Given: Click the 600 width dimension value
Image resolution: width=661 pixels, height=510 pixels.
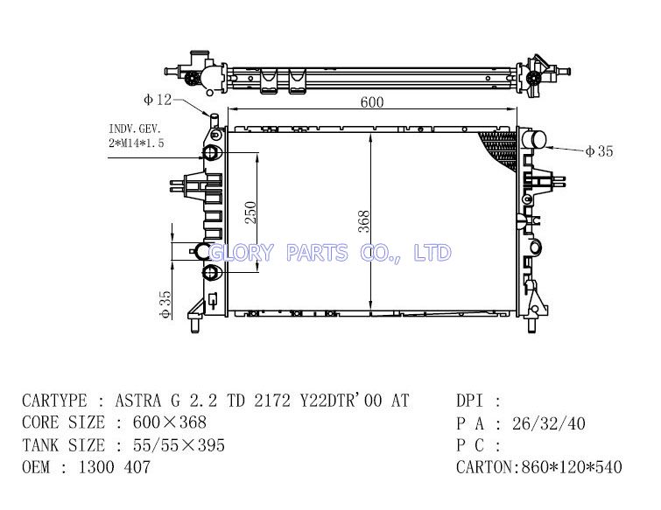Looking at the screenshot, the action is (x=372, y=102).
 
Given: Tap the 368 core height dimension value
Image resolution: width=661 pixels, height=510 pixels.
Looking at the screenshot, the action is (x=364, y=221).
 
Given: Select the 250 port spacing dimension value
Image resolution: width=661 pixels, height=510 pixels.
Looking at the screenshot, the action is (x=250, y=213).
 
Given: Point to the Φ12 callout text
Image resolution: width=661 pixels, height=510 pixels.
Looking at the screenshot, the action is (x=158, y=100).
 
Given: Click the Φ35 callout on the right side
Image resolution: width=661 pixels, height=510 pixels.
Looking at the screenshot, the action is (x=599, y=151).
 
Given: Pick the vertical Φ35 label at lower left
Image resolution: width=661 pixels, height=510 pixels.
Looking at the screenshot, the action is (x=165, y=304).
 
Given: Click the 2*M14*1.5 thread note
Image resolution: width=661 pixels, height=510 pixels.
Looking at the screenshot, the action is (x=137, y=143).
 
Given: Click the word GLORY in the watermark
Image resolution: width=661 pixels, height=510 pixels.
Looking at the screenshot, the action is (x=242, y=253).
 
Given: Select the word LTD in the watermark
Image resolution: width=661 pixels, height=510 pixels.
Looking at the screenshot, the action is (x=432, y=253).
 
